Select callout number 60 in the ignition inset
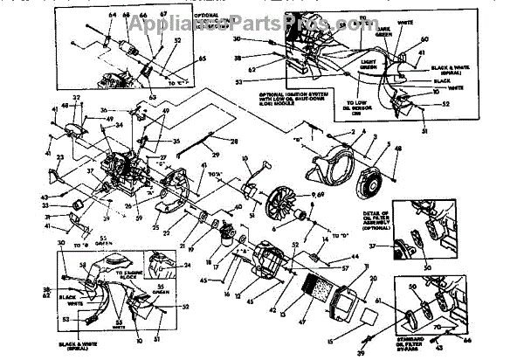click(424, 39)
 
